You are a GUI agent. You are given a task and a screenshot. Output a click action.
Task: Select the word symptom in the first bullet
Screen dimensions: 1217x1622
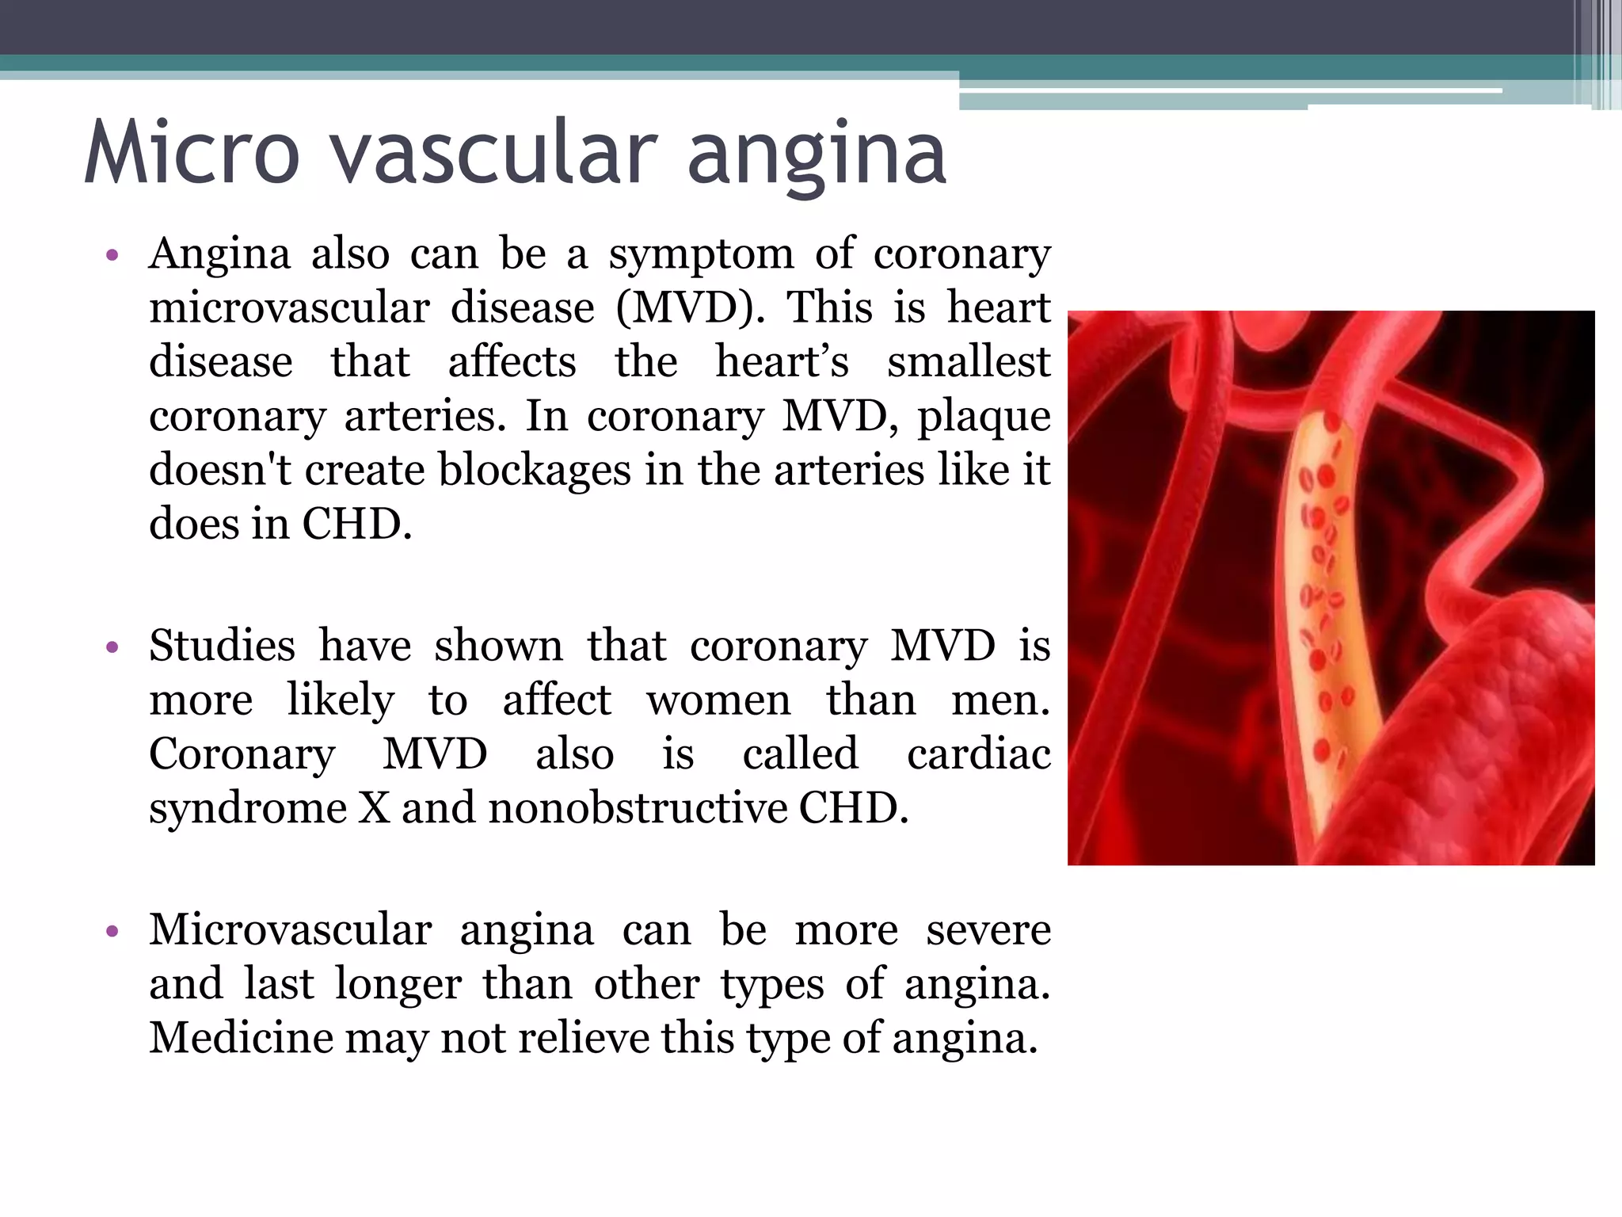[701, 255]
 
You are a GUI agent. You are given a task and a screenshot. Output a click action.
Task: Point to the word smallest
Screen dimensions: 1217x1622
[969, 362]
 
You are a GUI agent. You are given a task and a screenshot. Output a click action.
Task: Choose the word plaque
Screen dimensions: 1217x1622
[984, 418]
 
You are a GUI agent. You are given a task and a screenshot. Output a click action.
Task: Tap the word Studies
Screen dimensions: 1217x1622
[222, 646]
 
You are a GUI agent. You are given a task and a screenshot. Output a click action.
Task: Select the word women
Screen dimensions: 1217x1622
[718, 700]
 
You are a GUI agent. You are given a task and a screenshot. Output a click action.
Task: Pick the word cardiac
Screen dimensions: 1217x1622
[978, 753]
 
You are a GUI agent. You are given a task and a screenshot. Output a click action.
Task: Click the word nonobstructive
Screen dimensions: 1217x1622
[638, 808]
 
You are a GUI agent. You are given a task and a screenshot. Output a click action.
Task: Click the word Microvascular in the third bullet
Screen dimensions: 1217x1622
[291, 929]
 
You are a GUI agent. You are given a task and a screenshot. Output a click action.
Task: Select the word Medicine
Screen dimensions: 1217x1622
[241, 1038]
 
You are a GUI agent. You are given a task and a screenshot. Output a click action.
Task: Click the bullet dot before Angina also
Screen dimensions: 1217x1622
[112, 256]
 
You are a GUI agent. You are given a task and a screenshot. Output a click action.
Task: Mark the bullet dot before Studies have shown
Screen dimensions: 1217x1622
[112, 647]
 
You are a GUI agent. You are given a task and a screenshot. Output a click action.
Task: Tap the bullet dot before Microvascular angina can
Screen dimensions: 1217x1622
[112, 931]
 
